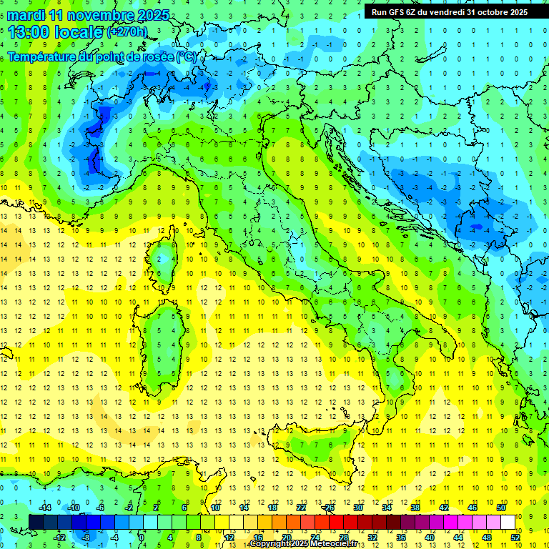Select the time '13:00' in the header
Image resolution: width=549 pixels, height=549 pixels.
click(28, 31)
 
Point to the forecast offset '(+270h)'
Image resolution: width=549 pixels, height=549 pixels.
click(128, 31)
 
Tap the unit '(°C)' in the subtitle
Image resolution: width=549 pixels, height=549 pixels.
click(186, 56)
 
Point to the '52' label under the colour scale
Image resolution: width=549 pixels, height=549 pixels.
click(515, 538)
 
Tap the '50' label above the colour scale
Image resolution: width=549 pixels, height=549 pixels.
click(501, 508)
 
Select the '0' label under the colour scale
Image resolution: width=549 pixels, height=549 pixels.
click(142, 538)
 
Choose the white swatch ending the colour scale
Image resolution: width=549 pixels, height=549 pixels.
click(508, 522)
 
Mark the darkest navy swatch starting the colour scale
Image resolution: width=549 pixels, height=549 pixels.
click(36, 522)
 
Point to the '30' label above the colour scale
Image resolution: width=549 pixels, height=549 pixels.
click(357, 508)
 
